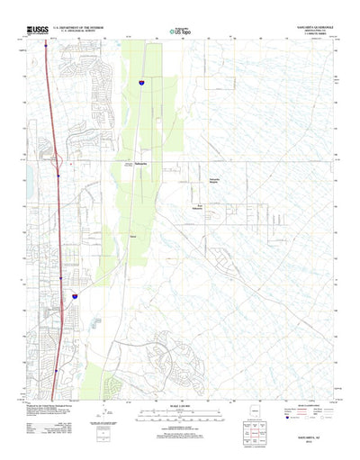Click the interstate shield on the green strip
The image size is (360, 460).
140,82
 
